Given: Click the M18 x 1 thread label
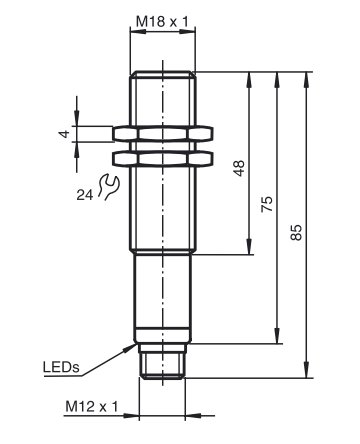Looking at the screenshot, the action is [x=162, y=22].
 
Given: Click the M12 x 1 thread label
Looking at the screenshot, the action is [x=92, y=407].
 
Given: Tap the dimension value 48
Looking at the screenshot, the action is [x=239, y=168].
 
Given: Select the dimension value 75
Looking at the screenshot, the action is [x=267, y=204].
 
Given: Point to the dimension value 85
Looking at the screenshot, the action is [x=296, y=232].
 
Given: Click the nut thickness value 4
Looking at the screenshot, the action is [x=65, y=134].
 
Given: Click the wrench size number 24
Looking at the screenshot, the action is [x=85, y=195].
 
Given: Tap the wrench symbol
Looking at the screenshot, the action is [x=108, y=187].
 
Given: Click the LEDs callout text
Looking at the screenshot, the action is [x=61, y=367].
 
